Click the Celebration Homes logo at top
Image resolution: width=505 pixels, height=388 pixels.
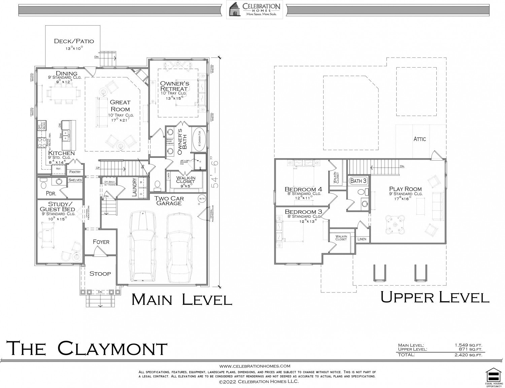(255, 9)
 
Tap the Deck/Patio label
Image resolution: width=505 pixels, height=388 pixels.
(74, 41)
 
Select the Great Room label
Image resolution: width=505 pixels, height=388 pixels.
(120, 105)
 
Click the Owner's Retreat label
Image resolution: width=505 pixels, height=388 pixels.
(174, 86)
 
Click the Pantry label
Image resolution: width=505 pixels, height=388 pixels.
(75, 172)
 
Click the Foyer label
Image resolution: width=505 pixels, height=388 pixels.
(101, 242)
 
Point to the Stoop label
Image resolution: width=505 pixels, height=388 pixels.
(100, 273)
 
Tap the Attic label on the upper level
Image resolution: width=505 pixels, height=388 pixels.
(420, 139)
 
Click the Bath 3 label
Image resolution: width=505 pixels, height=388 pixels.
(358, 181)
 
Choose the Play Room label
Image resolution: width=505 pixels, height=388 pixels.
(405, 189)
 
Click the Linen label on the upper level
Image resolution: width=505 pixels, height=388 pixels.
(362, 239)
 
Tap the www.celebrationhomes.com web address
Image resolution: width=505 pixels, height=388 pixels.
(255, 366)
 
